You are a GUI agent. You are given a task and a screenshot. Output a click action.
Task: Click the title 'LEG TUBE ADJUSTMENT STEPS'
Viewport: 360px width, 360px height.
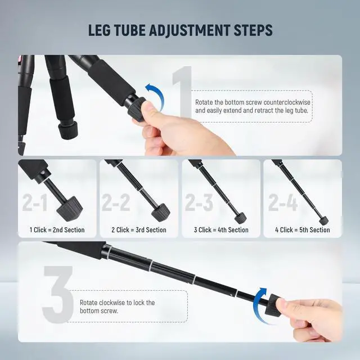(180, 30)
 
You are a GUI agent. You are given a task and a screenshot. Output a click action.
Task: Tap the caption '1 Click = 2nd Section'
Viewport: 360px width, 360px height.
(57, 229)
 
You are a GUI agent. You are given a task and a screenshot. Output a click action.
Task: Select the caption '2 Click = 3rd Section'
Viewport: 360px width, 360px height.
(139, 229)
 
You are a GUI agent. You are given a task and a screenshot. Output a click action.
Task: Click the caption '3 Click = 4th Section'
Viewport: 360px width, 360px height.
(221, 229)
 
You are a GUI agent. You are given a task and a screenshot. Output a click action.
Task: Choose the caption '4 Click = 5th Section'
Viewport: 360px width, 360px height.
(303, 229)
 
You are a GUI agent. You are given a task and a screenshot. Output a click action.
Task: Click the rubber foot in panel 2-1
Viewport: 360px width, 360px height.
(71, 210)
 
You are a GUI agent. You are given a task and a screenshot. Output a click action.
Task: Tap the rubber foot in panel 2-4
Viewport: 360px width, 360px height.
(323, 219)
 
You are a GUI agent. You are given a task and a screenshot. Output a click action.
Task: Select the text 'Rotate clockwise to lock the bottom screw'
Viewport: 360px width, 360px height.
(117, 307)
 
